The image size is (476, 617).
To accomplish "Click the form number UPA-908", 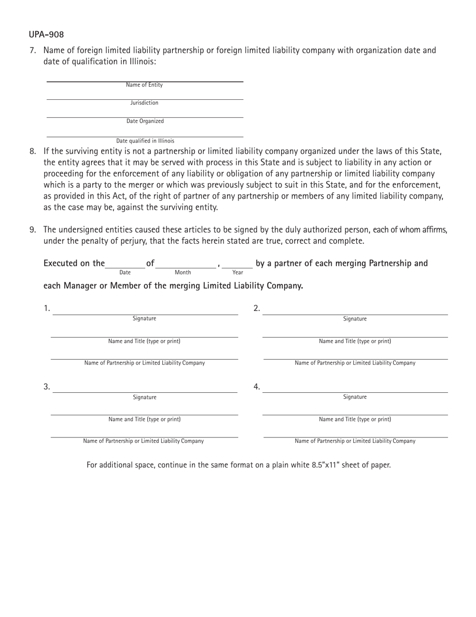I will pyautogui.click(x=46, y=35).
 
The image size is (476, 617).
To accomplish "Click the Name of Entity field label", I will pyautogui.click(x=144, y=85).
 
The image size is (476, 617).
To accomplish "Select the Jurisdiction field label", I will pyautogui.click(x=144, y=103).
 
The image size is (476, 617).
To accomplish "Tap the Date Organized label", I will pyautogui.click(x=145, y=121).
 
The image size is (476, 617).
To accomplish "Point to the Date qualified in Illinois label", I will pyautogui.click(x=145, y=141).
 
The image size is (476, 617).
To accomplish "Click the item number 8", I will pyautogui.click(x=33, y=151).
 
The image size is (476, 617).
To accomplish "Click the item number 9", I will pyautogui.click(x=33, y=230).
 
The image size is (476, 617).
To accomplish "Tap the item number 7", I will pyautogui.click(x=33, y=50).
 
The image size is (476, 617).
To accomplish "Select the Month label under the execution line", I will pyautogui.click(x=182, y=272).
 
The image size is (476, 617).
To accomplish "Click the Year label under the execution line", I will pyautogui.click(x=237, y=272).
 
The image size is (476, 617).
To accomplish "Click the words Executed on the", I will pyautogui.click(x=74, y=263).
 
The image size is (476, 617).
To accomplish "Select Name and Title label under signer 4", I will pyautogui.click(x=355, y=419).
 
